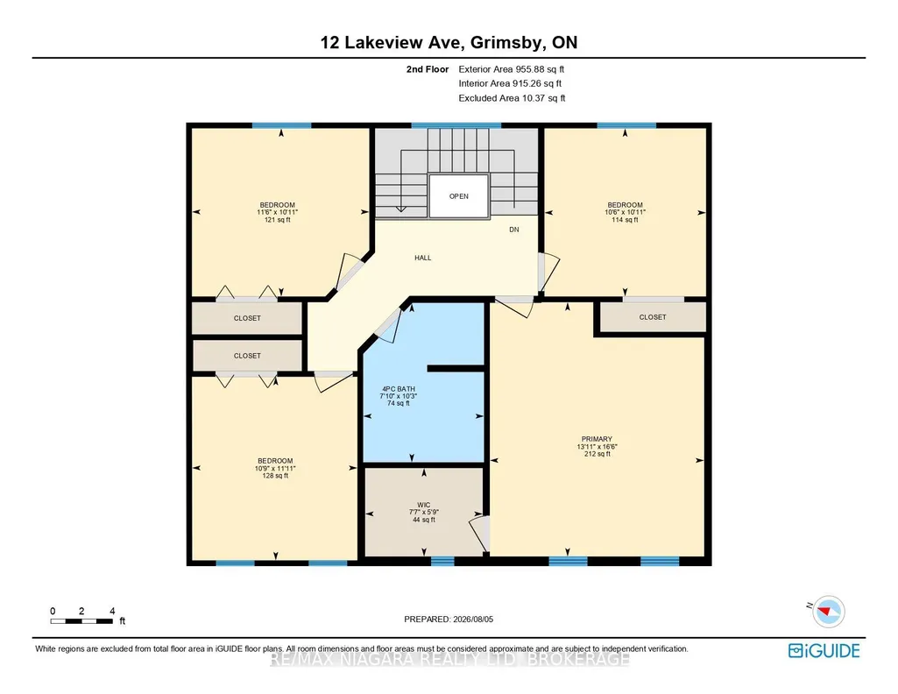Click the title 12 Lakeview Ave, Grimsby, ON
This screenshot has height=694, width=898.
pyautogui.click(x=449, y=42)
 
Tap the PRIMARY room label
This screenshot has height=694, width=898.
pyautogui.click(x=597, y=439)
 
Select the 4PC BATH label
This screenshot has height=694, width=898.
pyautogui.click(x=399, y=389)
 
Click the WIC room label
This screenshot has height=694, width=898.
pyautogui.click(x=424, y=505)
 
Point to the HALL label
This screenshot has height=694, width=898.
pyautogui.click(x=422, y=258)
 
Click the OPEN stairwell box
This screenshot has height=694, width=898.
pyautogui.click(x=459, y=195)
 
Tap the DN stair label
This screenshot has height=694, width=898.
pyautogui.click(x=514, y=230)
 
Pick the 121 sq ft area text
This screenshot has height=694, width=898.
pyautogui.click(x=277, y=220)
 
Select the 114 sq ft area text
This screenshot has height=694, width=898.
pyautogui.click(x=625, y=220)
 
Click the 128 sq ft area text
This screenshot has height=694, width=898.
pyautogui.click(x=275, y=476)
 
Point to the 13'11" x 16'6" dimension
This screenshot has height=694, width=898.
pyautogui.click(x=597, y=447)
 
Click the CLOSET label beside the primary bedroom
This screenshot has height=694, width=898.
pyautogui.click(x=653, y=317)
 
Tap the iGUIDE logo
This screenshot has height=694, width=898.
pyautogui.click(x=824, y=651)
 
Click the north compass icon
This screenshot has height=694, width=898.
pyautogui.click(x=828, y=612)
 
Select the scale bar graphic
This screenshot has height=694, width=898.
pyautogui.click(x=81, y=621)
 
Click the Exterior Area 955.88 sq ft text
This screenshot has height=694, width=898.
pyautogui.click(x=512, y=69)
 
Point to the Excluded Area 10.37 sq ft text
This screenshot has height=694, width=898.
pyautogui.click(x=512, y=98)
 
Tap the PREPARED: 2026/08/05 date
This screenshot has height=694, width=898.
pyautogui.click(x=449, y=619)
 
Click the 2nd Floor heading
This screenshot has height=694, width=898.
pyautogui.click(x=428, y=69)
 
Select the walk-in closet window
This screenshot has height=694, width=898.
pyautogui.click(x=442, y=561)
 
